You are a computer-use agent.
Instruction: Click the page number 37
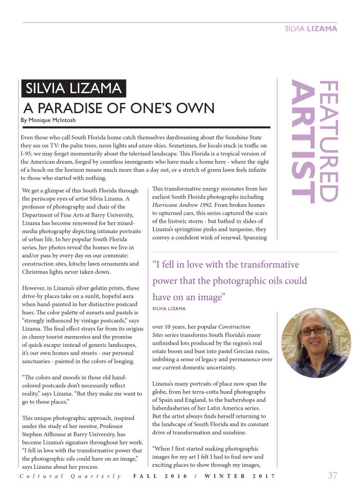pos(332,475)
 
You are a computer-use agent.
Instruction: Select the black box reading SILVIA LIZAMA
pos(74,88)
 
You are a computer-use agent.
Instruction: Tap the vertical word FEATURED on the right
pos(328,140)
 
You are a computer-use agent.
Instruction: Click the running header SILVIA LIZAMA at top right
pos(311,29)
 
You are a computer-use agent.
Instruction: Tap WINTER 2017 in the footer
pos(240,476)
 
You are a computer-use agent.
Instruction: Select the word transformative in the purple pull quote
pos(267,265)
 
